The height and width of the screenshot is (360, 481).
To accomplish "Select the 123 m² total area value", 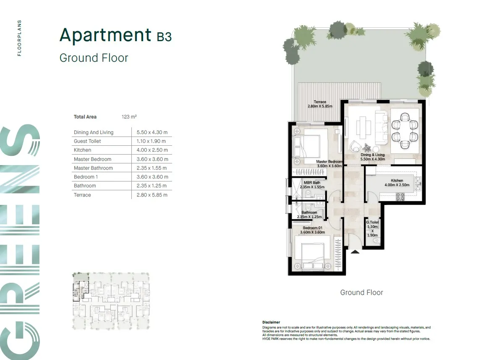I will click(x=129, y=117).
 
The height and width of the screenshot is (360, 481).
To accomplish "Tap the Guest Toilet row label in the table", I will click(x=87, y=141).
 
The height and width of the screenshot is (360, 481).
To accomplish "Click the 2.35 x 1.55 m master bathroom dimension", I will click(x=152, y=168).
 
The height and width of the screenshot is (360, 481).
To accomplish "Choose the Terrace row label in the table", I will click(x=82, y=195).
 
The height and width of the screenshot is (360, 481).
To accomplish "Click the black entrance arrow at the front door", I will click(x=355, y=252).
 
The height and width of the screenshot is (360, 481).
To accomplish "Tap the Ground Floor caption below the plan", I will click(x=361, y=292).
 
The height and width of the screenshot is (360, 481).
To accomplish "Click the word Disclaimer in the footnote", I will click(x=271, y=322).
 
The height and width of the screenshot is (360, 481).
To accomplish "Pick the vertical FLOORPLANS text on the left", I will click(x=19, y=38).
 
